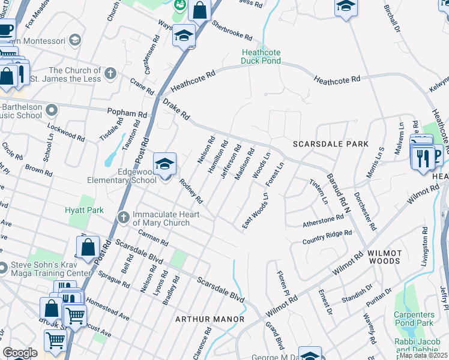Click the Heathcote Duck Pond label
pyautogui.click(x=261, y=56)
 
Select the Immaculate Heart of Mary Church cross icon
pyautogui.click(x=123, y=217)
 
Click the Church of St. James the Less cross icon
pyautogui.click(x=109, y=74)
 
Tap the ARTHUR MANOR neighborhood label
pyautogui.click(x=209, y=319)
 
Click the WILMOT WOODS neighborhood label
pyautogui.click(x=384, y=257)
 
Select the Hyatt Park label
pyautogui.click(x=85, y=210)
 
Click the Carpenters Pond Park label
pyautogui.click(x=414, y=319)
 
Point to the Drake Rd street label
pyautogui.click(x=176, y=110)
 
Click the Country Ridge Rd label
pyautogui.click(x=327, y=237)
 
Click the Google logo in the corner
pyautogui.click(x=20, y=353)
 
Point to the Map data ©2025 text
pyautogui.click(x=423, y=355)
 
